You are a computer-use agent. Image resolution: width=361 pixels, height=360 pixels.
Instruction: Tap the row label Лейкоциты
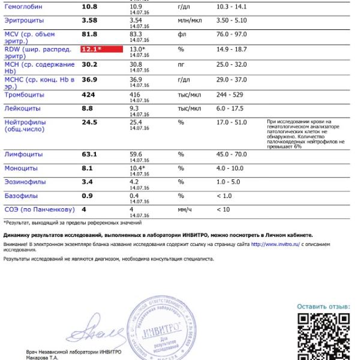pos(23,109)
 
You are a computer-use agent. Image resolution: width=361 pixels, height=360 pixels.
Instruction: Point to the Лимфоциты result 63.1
pos(89,154)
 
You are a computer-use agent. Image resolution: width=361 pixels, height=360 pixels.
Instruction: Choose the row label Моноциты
pos(21,169)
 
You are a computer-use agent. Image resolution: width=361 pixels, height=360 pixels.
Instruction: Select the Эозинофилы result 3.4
pos(87,182)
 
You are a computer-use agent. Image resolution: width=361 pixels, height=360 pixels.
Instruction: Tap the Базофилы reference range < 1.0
pos(223,196)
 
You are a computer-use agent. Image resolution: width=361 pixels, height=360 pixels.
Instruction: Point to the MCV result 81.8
pos(89,34)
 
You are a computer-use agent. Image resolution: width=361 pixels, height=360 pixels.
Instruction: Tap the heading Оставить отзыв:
pos(323,307)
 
